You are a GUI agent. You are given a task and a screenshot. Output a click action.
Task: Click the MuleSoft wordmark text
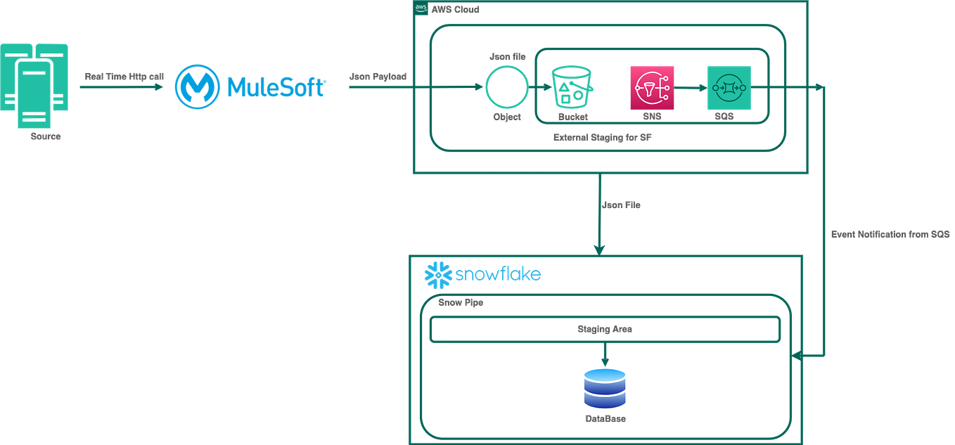[276, 87]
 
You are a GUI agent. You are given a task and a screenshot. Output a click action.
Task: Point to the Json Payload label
[378, 76]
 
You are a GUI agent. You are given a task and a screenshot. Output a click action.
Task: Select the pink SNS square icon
[651, 88]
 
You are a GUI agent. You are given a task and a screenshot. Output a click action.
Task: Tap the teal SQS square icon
[729, 88]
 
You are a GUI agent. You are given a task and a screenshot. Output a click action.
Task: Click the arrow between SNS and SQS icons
[690, 88]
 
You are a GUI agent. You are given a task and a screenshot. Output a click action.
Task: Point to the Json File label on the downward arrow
[622, 205]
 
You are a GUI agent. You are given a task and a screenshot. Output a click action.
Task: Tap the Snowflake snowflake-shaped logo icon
[436, 275]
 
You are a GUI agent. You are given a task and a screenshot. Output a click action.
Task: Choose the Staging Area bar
[604, 328]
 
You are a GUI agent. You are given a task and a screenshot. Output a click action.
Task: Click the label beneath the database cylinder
[605, 419]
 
